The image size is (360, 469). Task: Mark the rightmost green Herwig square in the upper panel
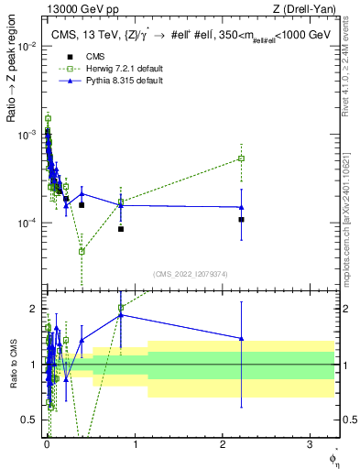pos(242,158)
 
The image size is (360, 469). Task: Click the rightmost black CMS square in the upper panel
pos(242,220)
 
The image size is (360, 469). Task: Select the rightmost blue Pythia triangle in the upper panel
pos(242,207)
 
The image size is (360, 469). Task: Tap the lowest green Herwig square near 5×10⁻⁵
pos(82,251)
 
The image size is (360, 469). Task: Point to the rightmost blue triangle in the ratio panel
pos(242,338)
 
